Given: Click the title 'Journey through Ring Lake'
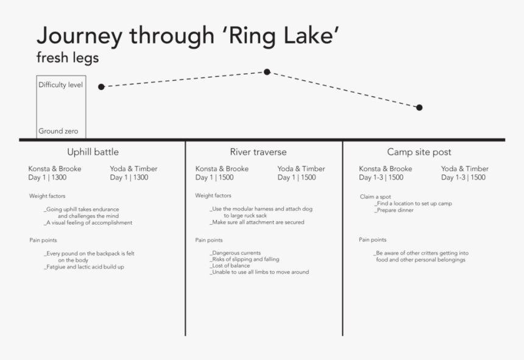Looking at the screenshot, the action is [188, 36].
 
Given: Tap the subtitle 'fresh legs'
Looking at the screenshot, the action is [68, 57].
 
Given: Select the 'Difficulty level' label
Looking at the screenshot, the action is [60, 85].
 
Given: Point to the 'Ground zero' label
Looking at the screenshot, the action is [58, 131].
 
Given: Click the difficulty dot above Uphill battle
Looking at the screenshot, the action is [101, 87].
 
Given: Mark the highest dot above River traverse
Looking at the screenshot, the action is [267, 72].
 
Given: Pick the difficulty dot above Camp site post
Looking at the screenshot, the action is [419, 108].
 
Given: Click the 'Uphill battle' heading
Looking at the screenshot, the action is [93, 152].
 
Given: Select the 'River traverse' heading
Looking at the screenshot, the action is [258, 152].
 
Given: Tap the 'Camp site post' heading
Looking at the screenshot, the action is [419, 152].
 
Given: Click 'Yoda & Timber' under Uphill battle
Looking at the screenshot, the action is [133, 169].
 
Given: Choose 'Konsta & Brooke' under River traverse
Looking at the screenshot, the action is [222, 169].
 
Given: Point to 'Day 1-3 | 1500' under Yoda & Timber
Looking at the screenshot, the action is [463, 177].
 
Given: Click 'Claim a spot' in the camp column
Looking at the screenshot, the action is [375, 197].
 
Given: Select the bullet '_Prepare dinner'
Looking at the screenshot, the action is [394, 210].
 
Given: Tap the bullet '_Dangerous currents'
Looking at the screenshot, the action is [235, 253].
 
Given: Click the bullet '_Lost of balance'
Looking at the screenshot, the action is [230, 266].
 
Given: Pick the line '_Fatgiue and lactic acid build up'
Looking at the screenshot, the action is [84, 267].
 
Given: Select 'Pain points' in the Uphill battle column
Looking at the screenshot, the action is [43, 240].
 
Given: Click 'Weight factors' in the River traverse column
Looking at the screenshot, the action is [213, 196].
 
